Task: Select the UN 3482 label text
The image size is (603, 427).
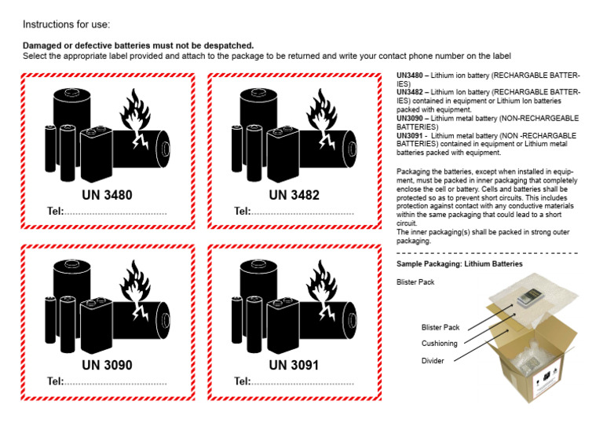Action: click(294, 195)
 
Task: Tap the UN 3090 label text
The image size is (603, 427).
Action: click(108, 365)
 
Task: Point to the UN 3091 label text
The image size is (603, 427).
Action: click(294, 365)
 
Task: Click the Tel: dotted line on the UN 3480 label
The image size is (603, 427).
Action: click(115, 212)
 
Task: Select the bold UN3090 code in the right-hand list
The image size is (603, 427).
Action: click(413, 118)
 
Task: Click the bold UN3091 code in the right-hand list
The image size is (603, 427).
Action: click(413, 135)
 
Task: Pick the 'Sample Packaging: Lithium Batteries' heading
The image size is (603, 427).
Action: click(459, 264)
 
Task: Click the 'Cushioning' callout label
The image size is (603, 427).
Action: click(440, 343)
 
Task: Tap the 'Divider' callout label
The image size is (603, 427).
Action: click(433, 361)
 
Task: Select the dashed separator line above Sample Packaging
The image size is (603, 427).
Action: click(487, 253)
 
